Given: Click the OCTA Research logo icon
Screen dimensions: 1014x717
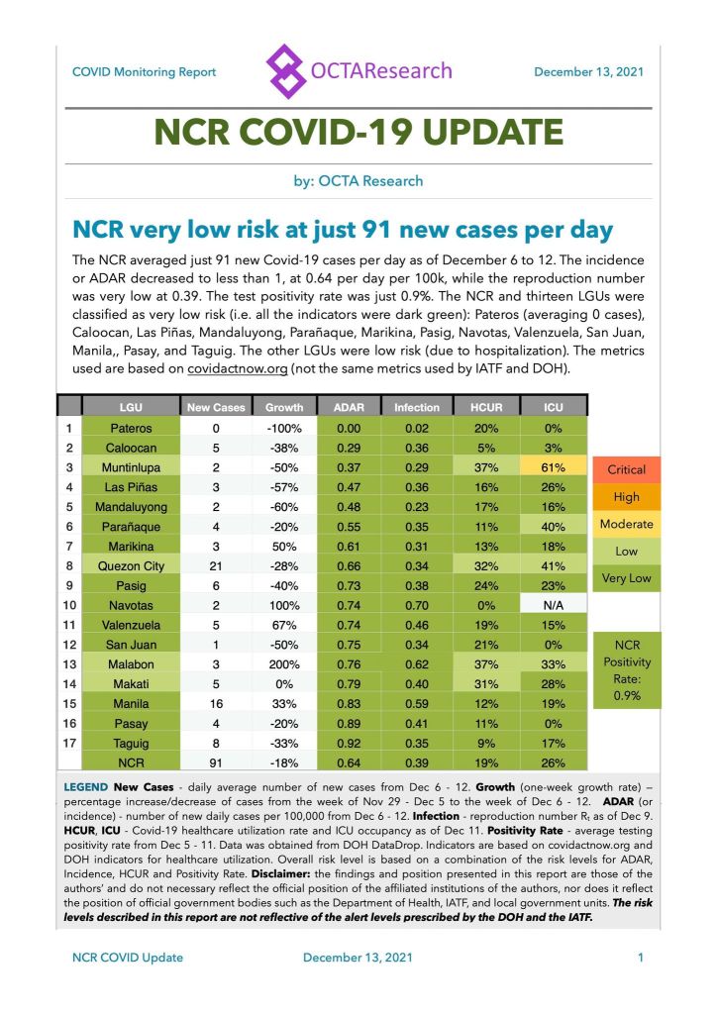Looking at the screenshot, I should point(287,71).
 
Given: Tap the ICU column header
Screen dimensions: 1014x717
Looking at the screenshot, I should point(553,406).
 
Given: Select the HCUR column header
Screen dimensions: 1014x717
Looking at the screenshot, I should point(486,406).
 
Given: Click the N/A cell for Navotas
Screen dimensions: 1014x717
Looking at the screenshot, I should point(553,602).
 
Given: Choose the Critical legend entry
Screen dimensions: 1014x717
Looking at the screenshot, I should point(626,469).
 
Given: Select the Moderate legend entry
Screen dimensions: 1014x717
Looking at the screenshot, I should point(626,524).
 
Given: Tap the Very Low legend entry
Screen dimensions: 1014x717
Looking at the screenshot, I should point(626,578).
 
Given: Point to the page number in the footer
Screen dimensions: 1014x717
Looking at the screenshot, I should point(641,958).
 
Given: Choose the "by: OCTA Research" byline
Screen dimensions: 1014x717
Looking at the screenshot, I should point(358,181).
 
